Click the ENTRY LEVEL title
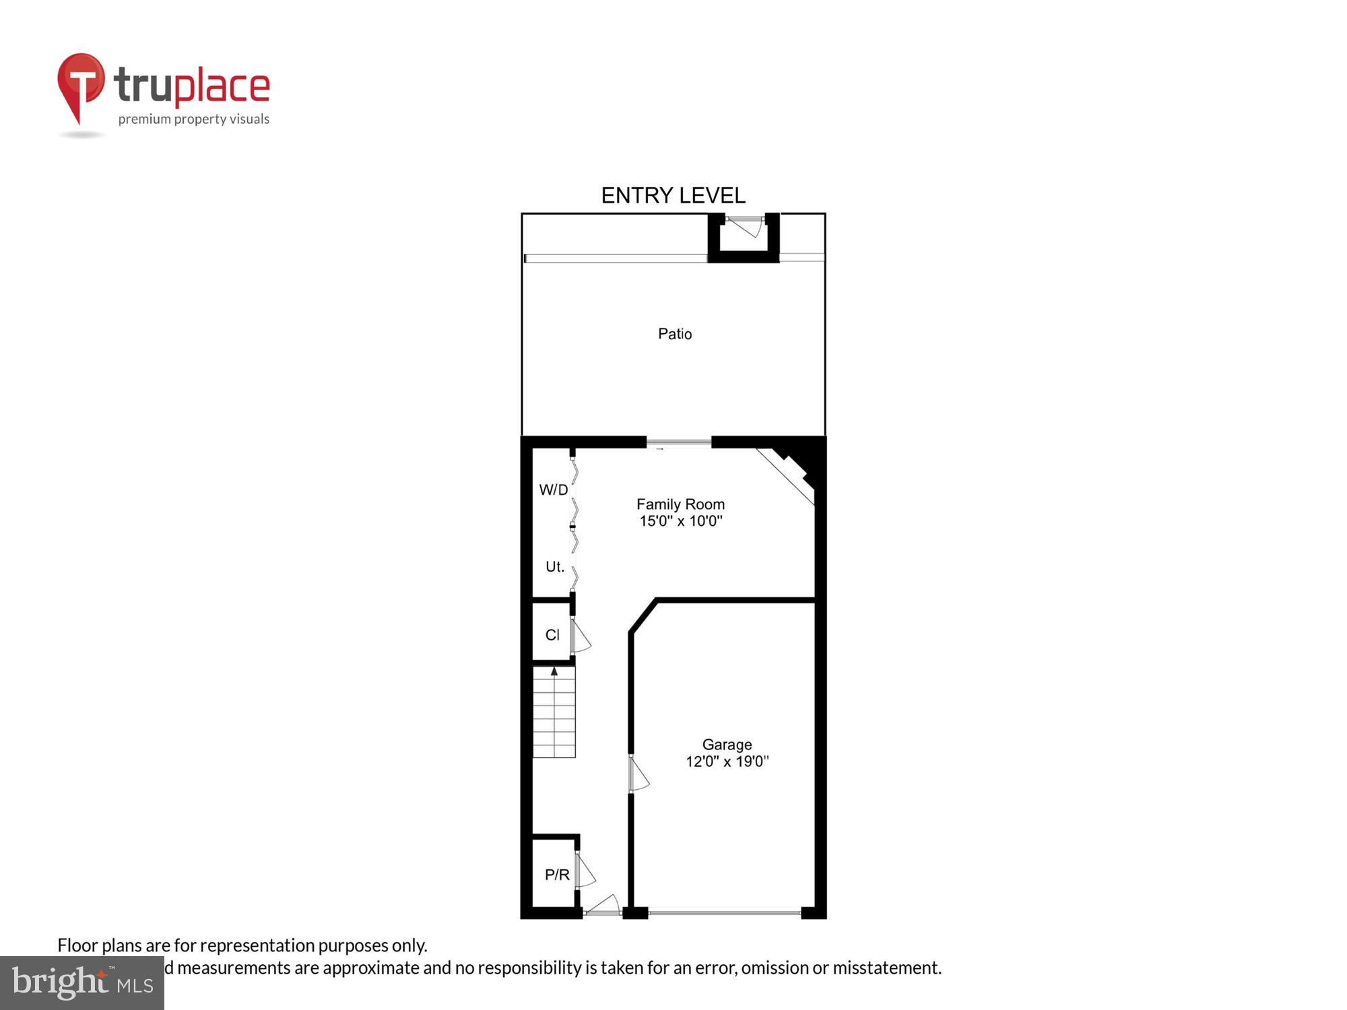point(673,196)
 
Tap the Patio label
point(675,334)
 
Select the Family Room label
point(680,504)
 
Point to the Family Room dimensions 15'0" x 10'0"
point(680,520)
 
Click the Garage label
point(727,745)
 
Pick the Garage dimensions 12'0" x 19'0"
point(727,762)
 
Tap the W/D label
point(554,490)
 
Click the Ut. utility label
point(554,567)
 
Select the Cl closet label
point(552,635)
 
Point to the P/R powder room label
point(557,875)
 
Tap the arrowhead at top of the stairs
point(554,671)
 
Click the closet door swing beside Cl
point(580,636)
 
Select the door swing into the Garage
point(638,774)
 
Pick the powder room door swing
point(585,871)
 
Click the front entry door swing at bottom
point(603,905)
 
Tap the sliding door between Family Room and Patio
point(679,442)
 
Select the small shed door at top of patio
point(745,226)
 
